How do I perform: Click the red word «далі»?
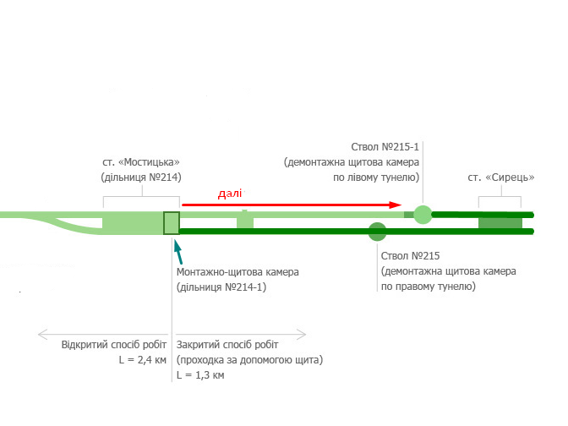tap(230, 194)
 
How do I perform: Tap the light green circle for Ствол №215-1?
tap(423, 215)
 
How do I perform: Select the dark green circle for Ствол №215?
tap(378, 231)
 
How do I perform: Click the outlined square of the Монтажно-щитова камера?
tap(172, 222)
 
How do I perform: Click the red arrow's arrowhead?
tap(396, 205)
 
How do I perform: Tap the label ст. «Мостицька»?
tap(140, 162)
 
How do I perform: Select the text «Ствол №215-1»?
tap(385, 146)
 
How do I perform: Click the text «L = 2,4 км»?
tap(143, 360)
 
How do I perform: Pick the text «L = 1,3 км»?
tap(200, 374)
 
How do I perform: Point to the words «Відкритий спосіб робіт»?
tap(114, 345)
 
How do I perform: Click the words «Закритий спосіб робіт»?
tap(227, 345)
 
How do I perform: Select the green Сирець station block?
tap(500, 222)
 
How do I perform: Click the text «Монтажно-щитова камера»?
tap(238, 272)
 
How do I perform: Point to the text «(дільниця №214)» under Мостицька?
tap(141, 177)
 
